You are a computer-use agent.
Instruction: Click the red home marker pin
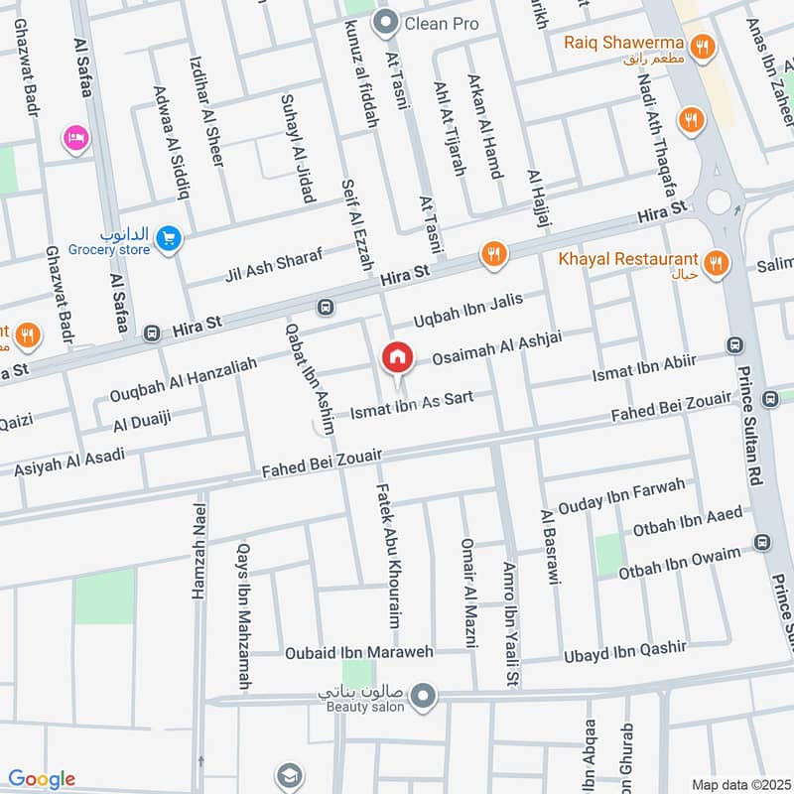pos(397,357)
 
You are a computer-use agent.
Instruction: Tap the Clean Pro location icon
pos(385,21)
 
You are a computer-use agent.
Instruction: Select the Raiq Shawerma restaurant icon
pos(703,45)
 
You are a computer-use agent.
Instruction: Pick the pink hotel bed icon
pos(74,138)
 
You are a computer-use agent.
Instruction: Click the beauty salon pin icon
pos(425,695)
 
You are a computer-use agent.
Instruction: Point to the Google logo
pos(42,779)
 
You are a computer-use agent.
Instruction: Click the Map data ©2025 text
pos(739,784)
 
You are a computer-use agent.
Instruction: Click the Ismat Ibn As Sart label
pos(410,404)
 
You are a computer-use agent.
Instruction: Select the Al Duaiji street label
pos(142,421)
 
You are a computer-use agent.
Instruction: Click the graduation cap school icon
pos(289,775)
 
